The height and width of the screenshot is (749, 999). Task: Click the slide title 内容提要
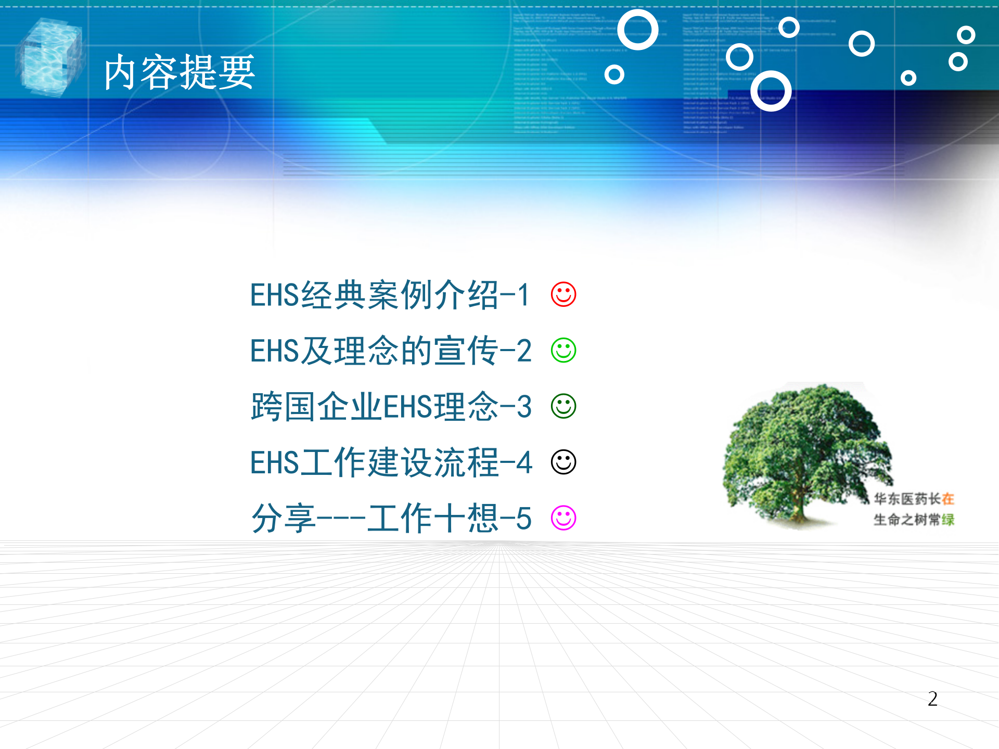tap(180, 73)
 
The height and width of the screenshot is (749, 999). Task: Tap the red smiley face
tap(563, 294)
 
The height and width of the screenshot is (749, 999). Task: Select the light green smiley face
tap(563, 351)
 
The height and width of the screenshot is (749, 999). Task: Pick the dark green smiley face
tap(563, 406)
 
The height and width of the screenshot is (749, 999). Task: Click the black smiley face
tap(563, 462)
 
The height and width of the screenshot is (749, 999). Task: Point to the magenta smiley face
tap(563, 518)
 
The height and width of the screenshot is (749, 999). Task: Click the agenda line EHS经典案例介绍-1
tap(390, 295)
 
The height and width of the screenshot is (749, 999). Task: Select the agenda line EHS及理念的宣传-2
tap(390, 351)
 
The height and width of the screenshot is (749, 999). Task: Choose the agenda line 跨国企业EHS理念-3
tap(390, 407)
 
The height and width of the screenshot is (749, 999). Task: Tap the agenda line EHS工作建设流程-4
tap(390, 462)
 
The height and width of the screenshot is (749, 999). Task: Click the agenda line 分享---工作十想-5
tap(390, 518)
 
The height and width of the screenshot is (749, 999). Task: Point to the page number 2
tap(932, 699)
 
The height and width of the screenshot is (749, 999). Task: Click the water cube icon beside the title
tap(49, 57)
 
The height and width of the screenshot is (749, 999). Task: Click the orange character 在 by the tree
tap(948, 499)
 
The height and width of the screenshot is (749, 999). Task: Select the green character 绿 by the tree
tap(948, 520)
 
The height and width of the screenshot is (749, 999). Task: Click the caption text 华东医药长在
tap(914, 499)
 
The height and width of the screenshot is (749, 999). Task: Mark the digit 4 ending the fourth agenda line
tap(524, 462)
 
